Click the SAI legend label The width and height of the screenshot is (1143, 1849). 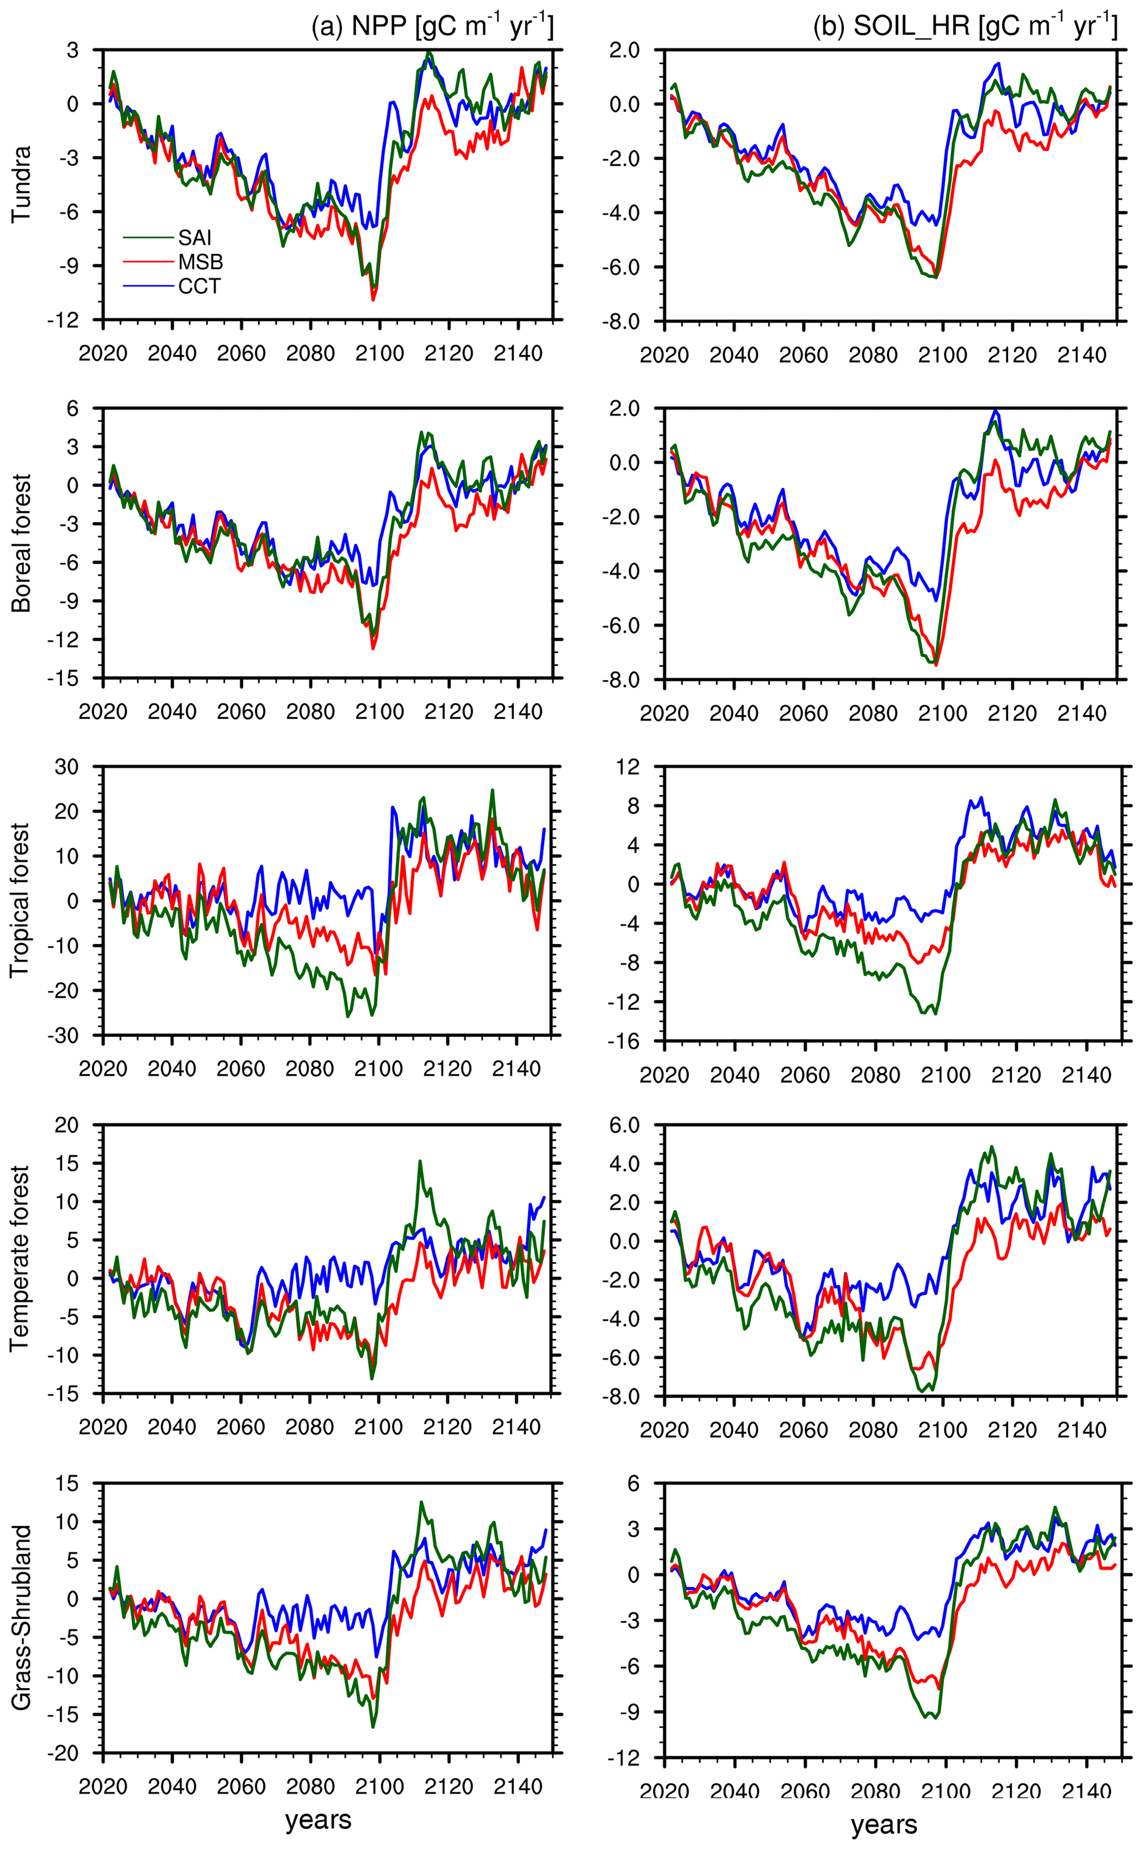pos(194,238)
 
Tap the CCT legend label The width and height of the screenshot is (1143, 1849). pos(200,287)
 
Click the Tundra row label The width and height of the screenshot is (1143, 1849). pos(21,184)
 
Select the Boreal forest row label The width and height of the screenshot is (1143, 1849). pos(21,543)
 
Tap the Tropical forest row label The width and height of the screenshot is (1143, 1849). pos(21,900)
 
